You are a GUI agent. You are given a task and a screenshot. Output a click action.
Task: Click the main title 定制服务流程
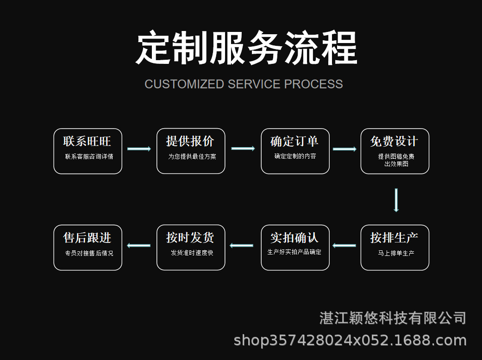point(246,48)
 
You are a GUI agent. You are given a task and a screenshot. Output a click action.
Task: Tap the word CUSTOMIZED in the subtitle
point(184,84)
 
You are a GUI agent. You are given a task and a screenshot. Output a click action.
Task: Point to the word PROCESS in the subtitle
point(313,84)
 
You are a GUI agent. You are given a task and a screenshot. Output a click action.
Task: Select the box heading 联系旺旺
point(87,141)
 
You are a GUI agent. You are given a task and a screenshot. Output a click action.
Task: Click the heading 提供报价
point(190,141)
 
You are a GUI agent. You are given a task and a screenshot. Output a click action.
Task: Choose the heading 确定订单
point(294,141)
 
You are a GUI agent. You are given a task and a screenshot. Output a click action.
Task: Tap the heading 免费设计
point(394,141)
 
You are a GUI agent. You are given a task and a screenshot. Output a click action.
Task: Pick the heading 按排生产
point(394,238)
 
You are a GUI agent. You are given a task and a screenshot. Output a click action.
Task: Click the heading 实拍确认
point(294,238)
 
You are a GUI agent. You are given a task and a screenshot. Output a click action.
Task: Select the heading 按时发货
point(190,238)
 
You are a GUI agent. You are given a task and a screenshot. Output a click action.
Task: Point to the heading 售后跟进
point(87,238)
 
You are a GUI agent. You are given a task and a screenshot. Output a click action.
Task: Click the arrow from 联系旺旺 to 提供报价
point(139,149)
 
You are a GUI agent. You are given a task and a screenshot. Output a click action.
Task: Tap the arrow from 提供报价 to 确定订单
point(243,149)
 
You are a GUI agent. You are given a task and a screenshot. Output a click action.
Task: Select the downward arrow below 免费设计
point(396,200)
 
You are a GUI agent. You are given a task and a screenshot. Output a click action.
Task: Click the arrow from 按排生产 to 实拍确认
point(344,245)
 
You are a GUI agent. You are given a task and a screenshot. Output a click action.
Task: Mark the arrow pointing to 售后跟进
point(139,245)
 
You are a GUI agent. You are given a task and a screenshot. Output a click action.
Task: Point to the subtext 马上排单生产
point(396,253)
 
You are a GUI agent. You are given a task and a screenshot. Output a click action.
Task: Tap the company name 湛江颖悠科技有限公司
point(393,318)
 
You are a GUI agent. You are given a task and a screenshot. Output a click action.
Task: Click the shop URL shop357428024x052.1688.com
point(350,341)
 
